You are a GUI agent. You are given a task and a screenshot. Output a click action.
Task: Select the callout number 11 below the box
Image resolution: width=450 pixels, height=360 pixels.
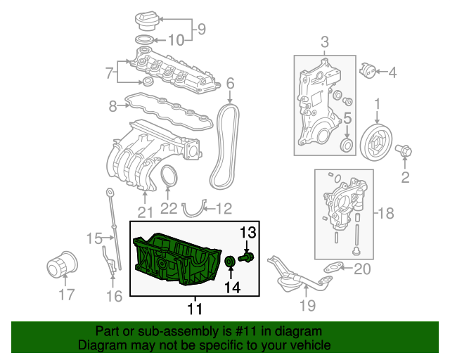pos(195,308)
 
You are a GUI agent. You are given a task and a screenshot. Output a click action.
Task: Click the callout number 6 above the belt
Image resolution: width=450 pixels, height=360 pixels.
pos(229,86)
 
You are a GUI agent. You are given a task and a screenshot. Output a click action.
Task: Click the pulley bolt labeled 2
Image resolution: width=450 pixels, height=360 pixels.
pos(406,150)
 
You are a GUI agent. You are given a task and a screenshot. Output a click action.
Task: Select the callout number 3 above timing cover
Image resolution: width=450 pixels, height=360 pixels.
pos(324,43)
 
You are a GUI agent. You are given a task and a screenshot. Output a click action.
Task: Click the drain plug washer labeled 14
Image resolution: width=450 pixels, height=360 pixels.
pos(230,263)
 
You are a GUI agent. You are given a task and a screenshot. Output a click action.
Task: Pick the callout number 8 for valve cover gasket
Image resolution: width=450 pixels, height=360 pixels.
pos(112,106)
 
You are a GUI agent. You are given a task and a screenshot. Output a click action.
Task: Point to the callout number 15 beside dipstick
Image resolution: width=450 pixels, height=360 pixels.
pos(95,239)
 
